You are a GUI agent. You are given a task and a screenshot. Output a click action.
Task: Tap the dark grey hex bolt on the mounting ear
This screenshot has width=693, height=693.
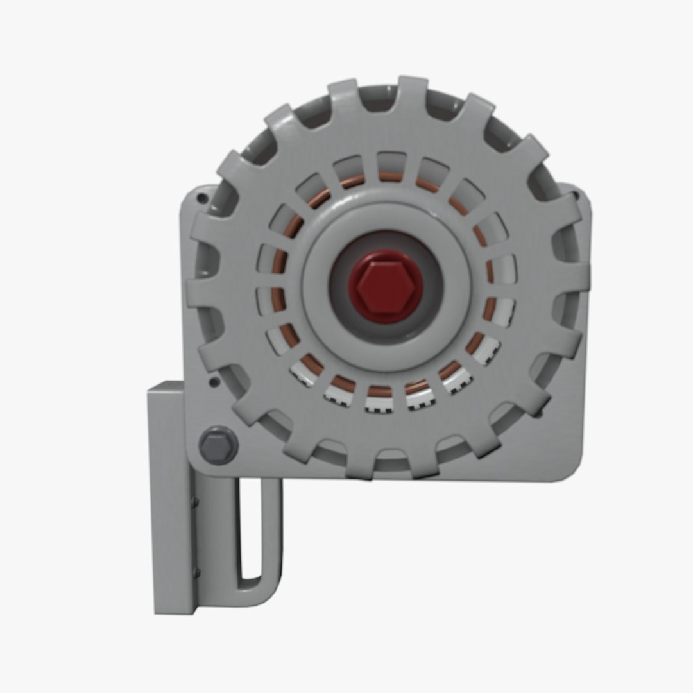click(x=218, y=445)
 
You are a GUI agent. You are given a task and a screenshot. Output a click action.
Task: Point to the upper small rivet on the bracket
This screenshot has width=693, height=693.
click(x=196, y=502)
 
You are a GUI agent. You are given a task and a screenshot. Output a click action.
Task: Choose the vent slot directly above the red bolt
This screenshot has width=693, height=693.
click(x=391, y=164)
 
